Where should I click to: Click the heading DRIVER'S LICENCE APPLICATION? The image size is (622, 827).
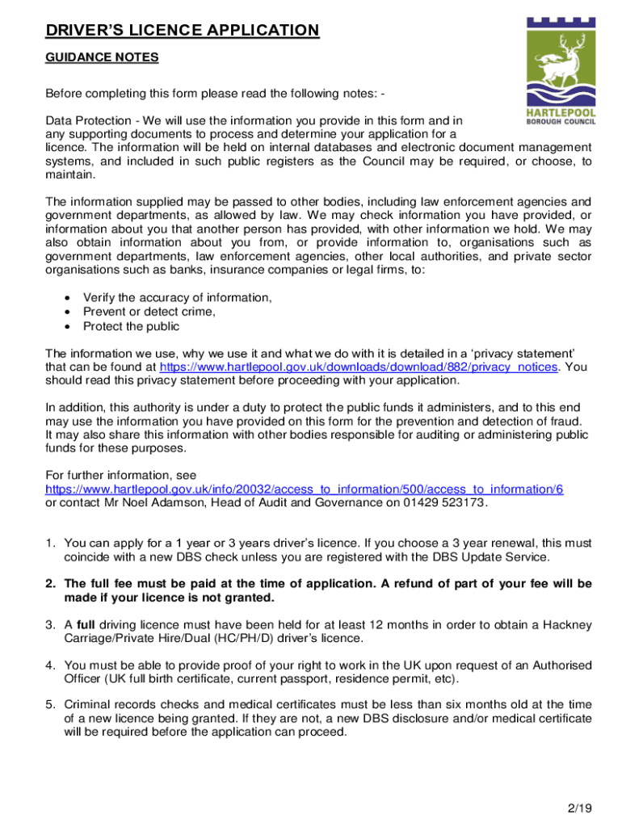click(182, 31)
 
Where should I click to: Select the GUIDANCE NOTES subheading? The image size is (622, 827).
click(102, 58)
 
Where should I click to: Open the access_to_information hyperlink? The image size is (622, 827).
click(304, 489)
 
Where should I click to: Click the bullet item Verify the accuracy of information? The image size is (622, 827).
click(177, 298)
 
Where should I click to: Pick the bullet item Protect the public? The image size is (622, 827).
click(131, 326)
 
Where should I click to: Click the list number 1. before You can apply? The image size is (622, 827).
click(50, 543)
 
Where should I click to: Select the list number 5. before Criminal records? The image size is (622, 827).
click(50, 704)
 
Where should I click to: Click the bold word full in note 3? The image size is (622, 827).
click(86, 624)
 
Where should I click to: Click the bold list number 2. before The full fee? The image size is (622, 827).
click(50, 583)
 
